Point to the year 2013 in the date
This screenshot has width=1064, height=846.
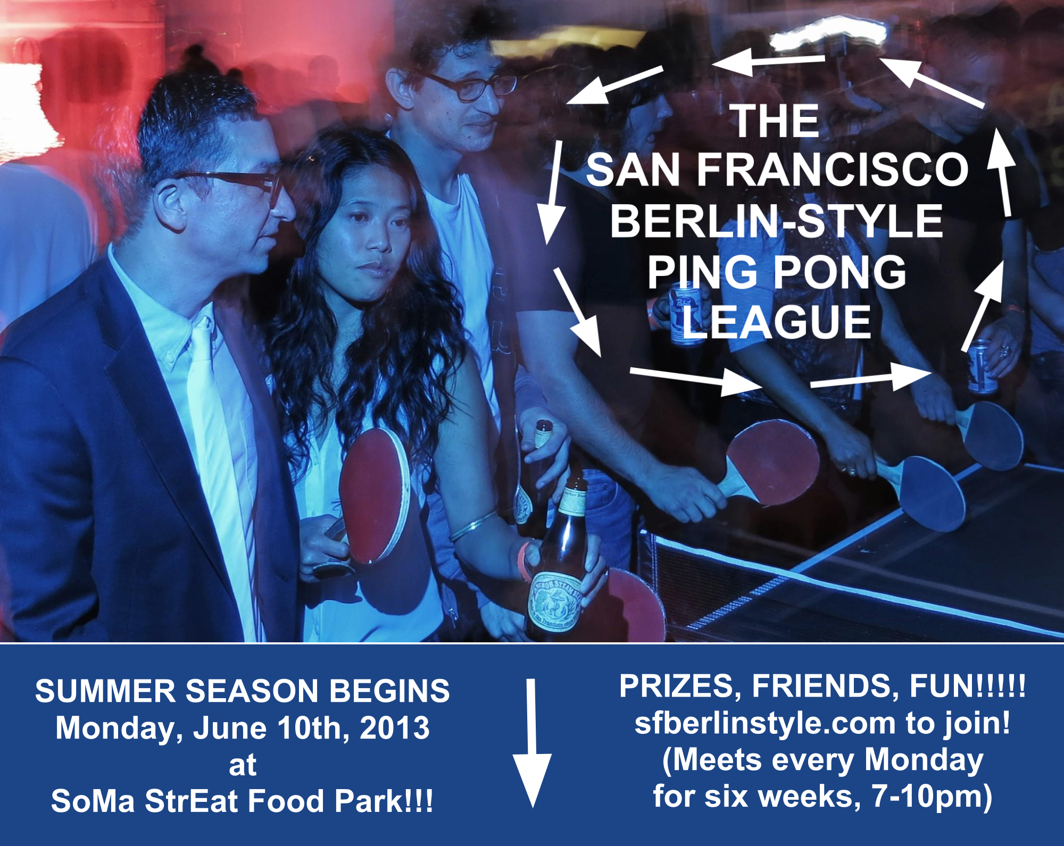[395, 727]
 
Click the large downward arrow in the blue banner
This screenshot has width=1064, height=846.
[531, 743]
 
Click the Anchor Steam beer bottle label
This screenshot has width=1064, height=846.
[554, 601]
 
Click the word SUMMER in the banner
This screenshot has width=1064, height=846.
[105, 691]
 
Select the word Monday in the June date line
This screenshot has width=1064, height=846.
[120, 728]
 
